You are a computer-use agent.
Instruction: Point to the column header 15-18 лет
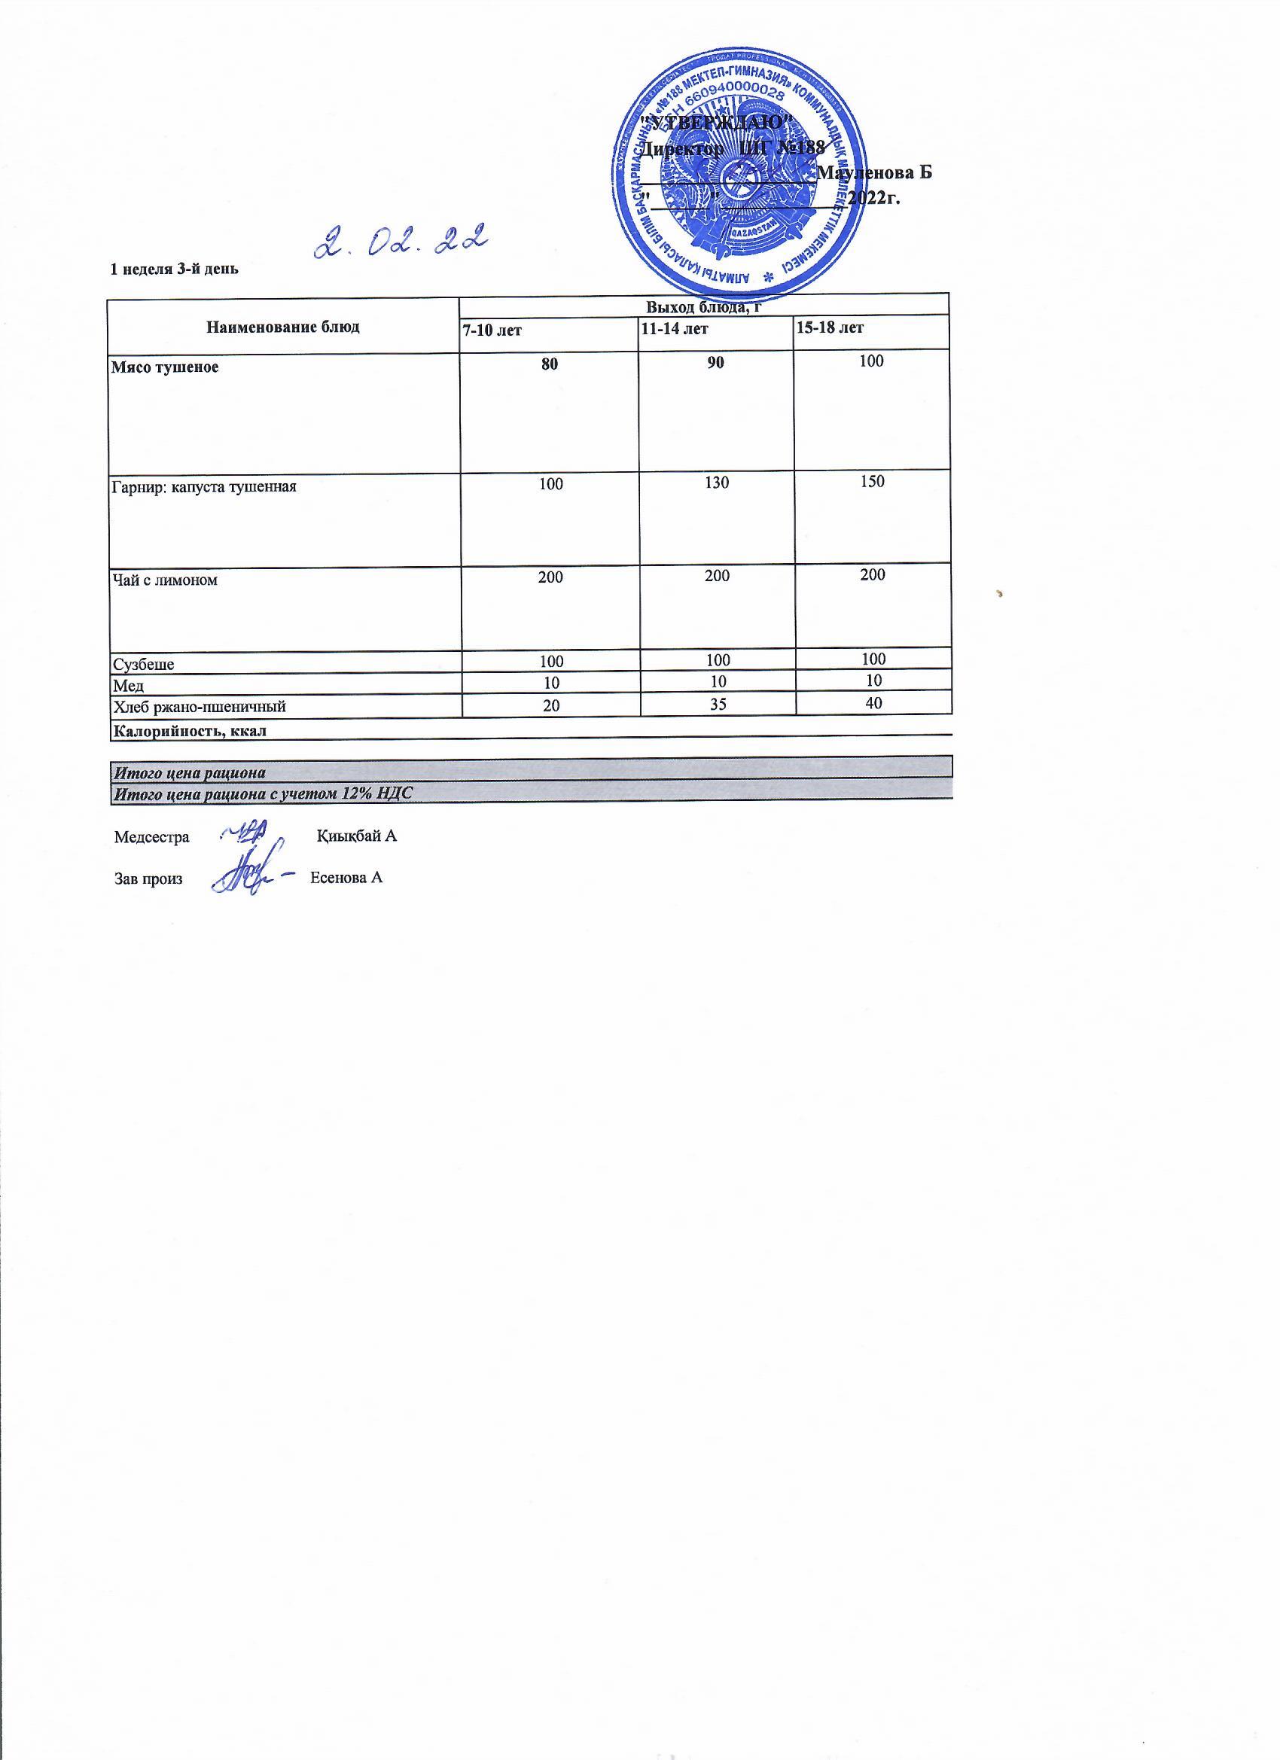[x=830, y=328]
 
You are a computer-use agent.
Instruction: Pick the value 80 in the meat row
[x=550, y=363]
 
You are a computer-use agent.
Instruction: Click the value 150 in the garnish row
[x=873, y=481]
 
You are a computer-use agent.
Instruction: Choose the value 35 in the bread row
[x=718, y=704]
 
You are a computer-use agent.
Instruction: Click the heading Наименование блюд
[x=283, y=327]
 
